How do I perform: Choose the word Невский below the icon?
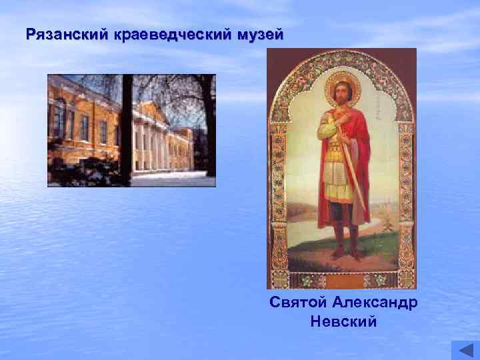[343, 323]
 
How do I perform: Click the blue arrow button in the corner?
[465, 350]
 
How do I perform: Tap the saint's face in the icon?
[343, 93]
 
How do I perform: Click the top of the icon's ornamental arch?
[342, 55]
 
